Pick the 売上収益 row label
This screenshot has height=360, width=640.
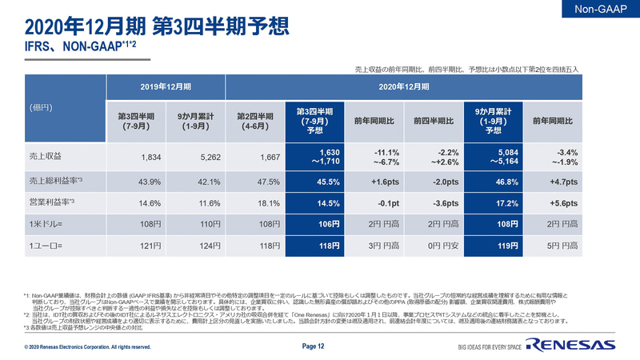coord(46,158)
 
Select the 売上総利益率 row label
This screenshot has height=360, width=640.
coord(52,182)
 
